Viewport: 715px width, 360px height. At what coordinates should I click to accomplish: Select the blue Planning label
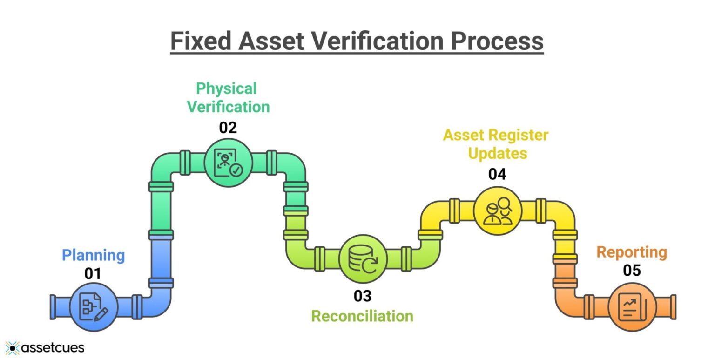point(94,255)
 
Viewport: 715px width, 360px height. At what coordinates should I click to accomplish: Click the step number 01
point(93,274)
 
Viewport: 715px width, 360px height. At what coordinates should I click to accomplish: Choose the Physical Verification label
point(228,97)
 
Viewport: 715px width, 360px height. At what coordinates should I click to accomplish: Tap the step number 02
point(228,128)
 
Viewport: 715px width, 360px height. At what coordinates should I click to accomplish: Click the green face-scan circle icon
point(228,163)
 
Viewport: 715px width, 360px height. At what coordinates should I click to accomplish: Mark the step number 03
point(363,295)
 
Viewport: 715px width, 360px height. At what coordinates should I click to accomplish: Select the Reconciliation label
point(362,316)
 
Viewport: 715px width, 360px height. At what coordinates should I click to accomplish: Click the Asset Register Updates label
point(496,144)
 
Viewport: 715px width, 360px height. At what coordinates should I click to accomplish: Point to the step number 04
point(497,174)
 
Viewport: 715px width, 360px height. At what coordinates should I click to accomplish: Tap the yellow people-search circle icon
point(498,211)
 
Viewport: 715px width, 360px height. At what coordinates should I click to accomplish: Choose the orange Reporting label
point(632,252)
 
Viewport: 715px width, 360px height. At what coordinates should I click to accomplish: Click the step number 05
point(632,271)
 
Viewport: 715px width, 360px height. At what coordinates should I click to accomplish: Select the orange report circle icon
point(632,307)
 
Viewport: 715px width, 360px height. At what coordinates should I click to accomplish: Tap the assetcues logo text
point(53,347)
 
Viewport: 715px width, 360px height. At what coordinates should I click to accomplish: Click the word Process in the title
point(496,41)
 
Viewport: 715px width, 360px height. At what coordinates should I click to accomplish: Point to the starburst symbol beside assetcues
point(13,348)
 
